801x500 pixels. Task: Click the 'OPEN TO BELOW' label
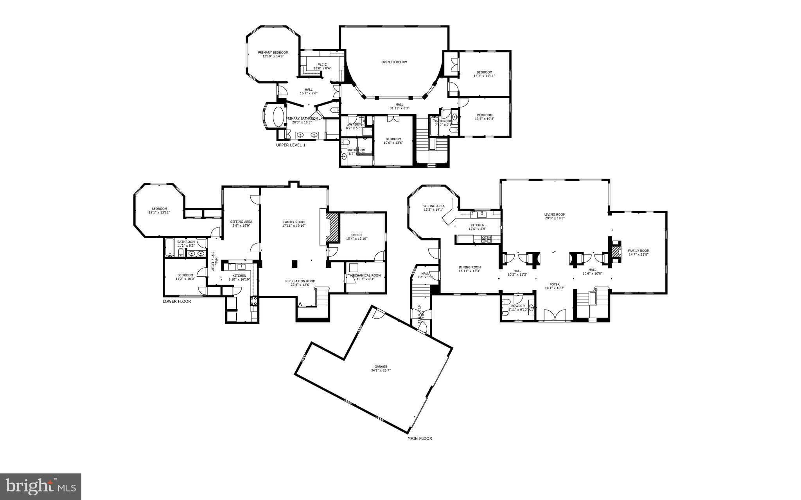(x=394, y=62)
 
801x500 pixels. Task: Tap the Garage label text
(x=380, y=367)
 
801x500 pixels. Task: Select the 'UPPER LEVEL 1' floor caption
(x=291, y=145)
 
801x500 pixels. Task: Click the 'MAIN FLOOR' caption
(x=419, y=439)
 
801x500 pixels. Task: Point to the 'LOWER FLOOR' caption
(x=177, y=301)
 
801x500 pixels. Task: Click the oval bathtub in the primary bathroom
(x=278, y=116)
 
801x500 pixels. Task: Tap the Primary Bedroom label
(x=273, y=53)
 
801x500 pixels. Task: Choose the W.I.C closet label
(x=322, y=65)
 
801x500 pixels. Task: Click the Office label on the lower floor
(x=357, y=235)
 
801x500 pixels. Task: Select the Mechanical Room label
(x=365, y=276)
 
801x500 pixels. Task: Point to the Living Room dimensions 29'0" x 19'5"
(x=555, y=219)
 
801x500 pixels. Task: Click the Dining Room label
(x=469, y=267)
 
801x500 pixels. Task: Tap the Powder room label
(x=518, y=306)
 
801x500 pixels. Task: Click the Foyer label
(x=555, y=285)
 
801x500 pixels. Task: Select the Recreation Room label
(x=300, y=281)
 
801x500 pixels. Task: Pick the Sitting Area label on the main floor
(x=433, y=206)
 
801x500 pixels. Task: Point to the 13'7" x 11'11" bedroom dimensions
(x=484, y=76)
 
